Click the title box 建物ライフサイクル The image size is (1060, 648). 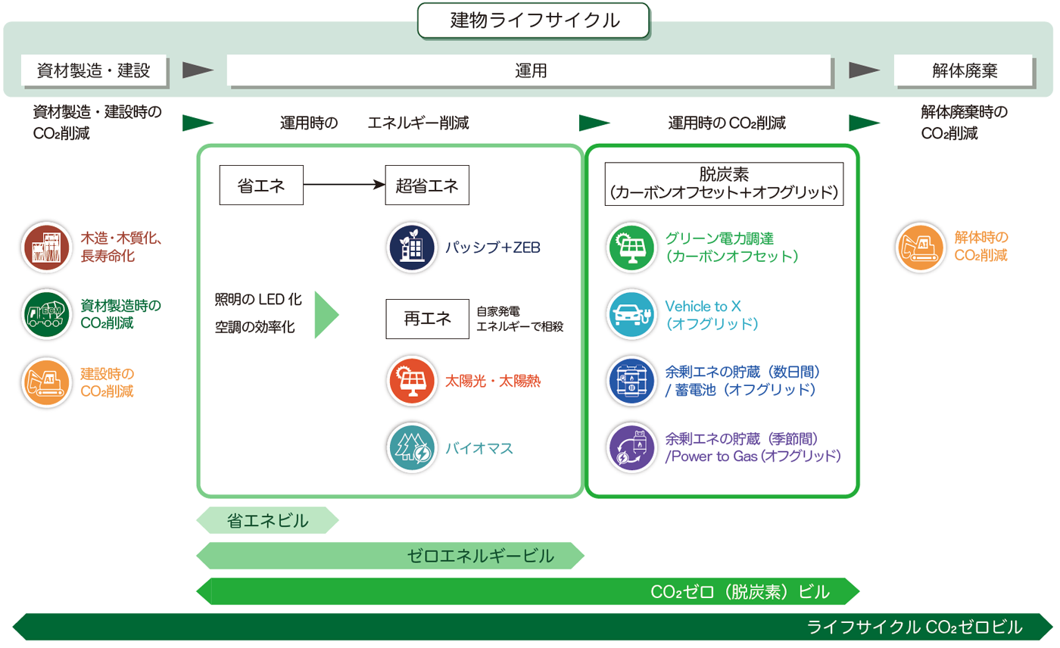pyautogui.click(x=533, y=20)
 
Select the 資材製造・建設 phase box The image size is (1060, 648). pyautogui.click(x=94, y=70)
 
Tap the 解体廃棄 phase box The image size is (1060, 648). pyautogui.click(x=963, y=70)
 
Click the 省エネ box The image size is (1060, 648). pyautogui.click(x=261, y=185)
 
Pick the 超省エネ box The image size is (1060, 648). pyautogui.click(x=427, y=185)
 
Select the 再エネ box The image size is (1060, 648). pyautogui.click(x=427, y=319)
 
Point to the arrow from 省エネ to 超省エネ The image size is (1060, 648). pyautogui.click(x=344, y=185)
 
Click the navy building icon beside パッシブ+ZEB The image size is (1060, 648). pyautogui.click(x=412, y=248)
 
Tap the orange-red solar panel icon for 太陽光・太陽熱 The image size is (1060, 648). pyautogui.click(x=412, y=381)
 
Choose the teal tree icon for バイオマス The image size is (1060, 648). pyautogui.click(x=412, y=448)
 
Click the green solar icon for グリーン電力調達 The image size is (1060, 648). pyautogui.click(x=631, y=248)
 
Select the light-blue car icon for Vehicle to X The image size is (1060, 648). pyautogui.click(x=631, y=314)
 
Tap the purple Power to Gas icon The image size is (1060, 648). pyautogui.click(x=631, y=448)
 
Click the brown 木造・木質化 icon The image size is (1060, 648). pyautogui.click(x=46, y=248)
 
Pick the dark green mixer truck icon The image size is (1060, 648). pyautogui.click(x=46, y=314)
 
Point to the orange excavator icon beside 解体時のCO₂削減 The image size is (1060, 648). pyautogui.click(x=921, y=248)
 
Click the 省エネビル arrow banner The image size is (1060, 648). pyautogui.click(x=267, y=520)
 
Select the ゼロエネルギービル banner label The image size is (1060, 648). pyautogui.click(x=480, y=556)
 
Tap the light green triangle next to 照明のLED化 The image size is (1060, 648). pyautogui.click(x=326, y=315)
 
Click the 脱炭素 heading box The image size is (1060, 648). pyautogui.click(x=724, y=184)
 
